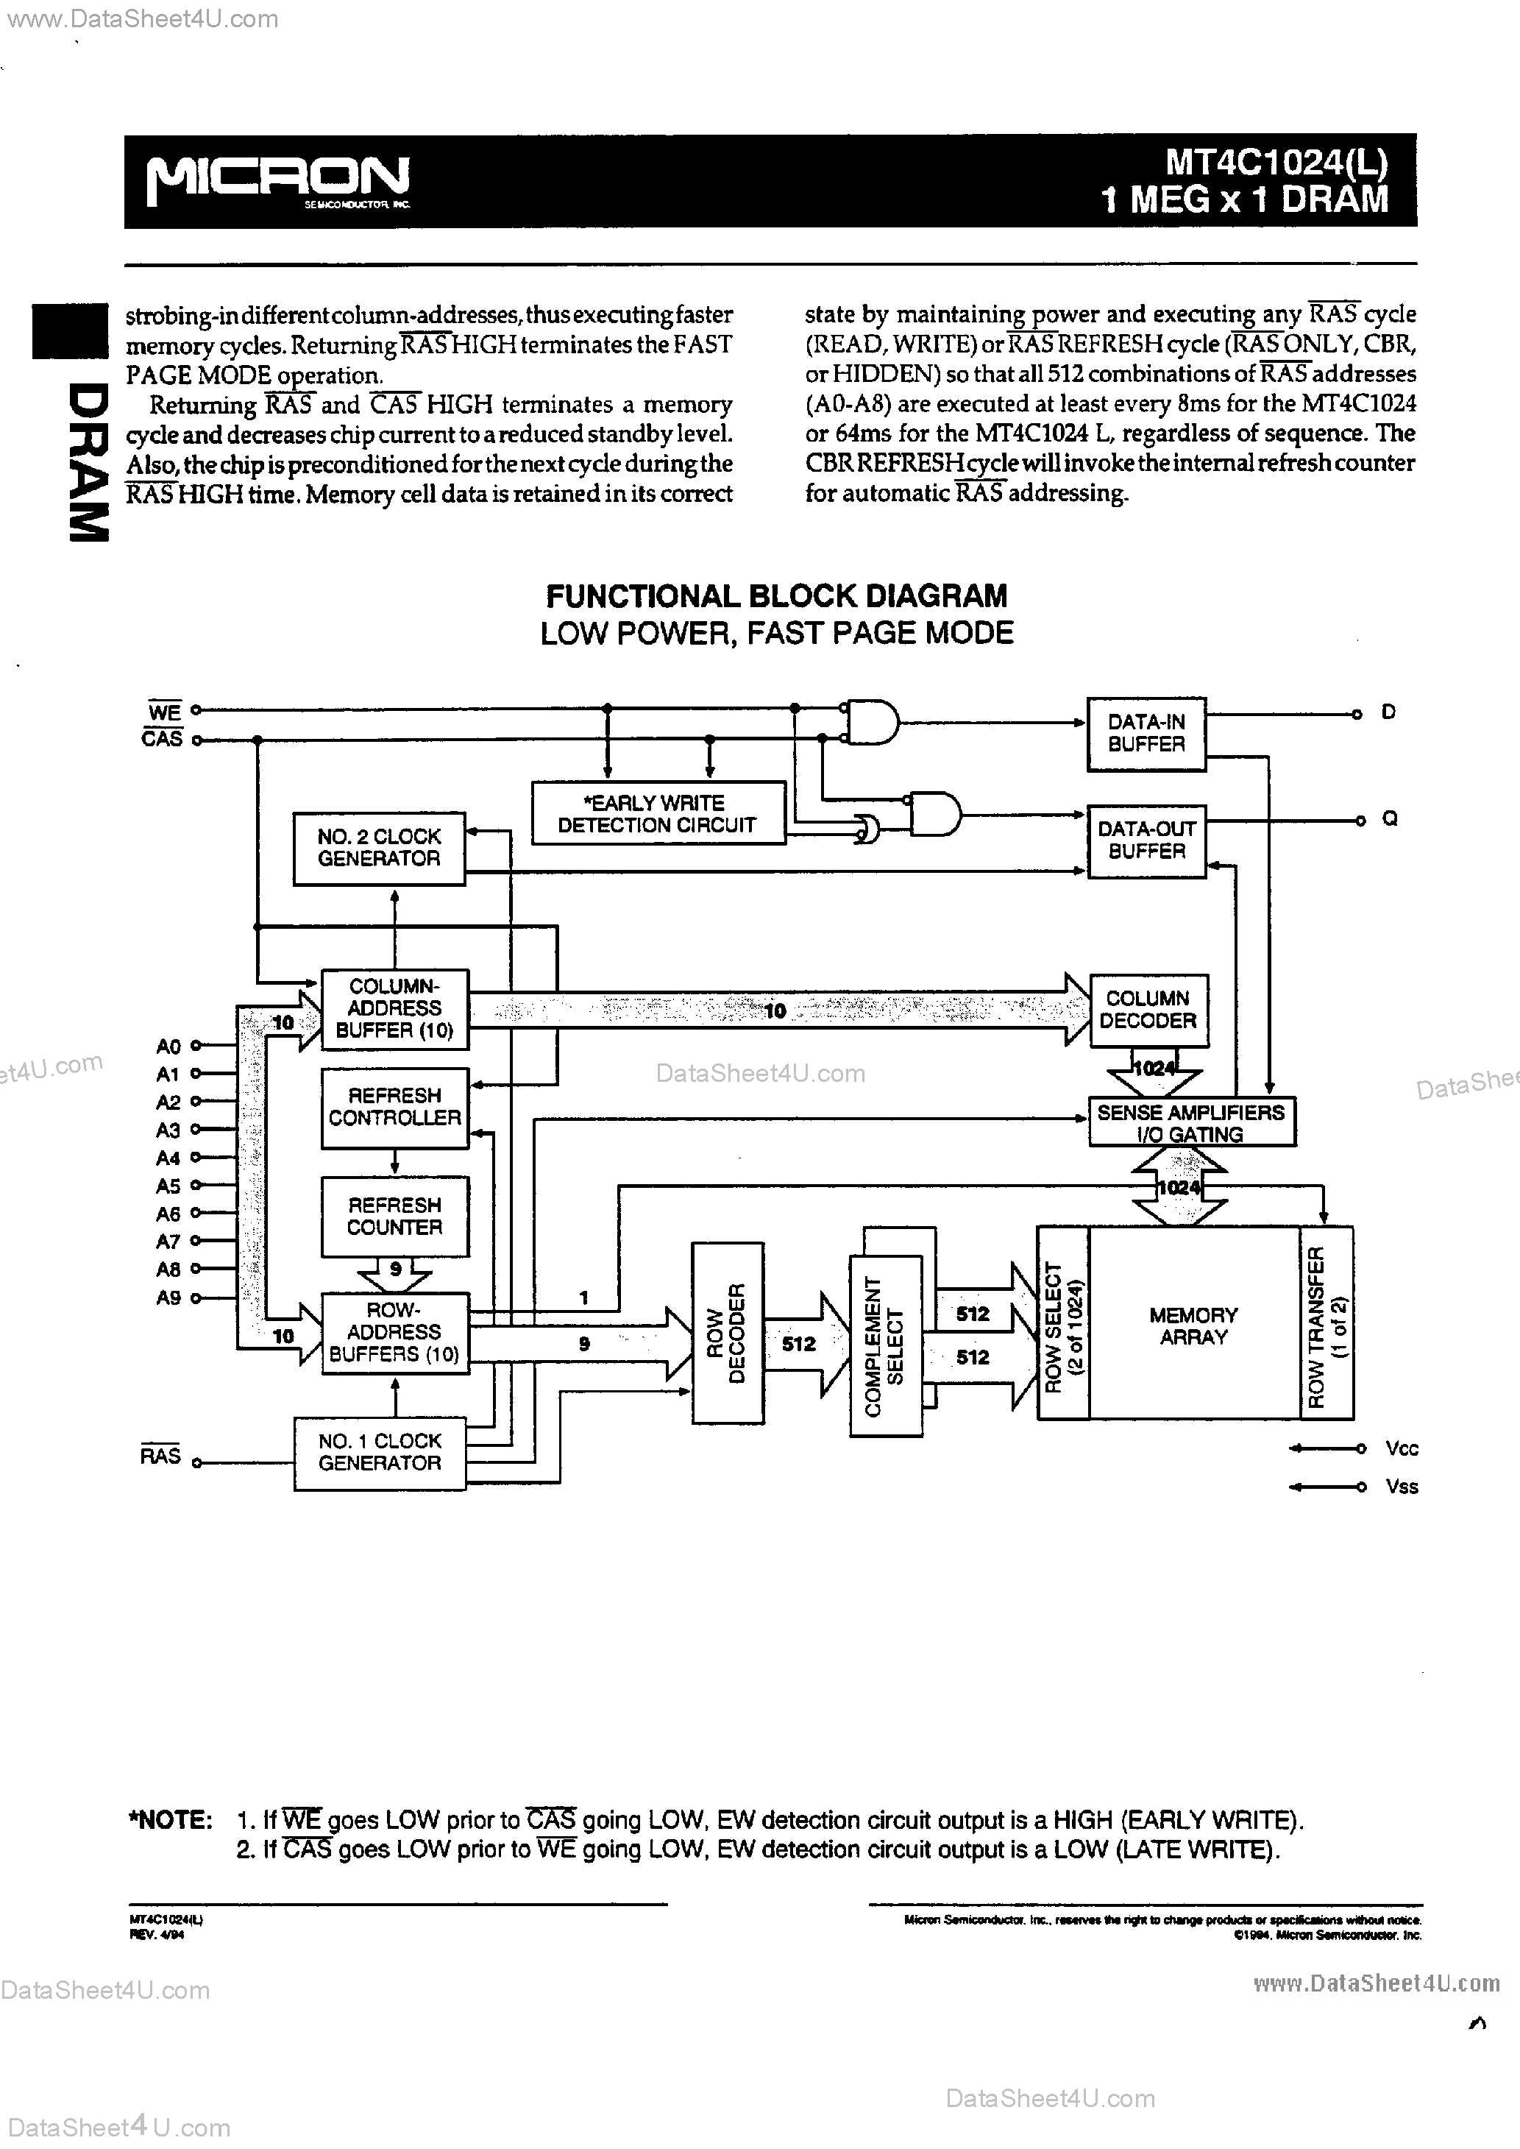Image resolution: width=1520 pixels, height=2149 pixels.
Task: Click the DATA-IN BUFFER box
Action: (x=1146, y=734)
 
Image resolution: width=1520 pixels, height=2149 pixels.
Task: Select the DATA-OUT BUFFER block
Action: (x=1146, y=840)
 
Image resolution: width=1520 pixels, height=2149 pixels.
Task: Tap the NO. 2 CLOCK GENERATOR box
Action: (x=378, y=848)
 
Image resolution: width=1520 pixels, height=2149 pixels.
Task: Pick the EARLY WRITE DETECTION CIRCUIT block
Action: (x=657, y=813)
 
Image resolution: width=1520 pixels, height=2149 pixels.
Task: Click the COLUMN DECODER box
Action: (x=1148, y=1010)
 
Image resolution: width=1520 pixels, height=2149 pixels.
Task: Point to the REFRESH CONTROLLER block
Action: (x=394, y=1108)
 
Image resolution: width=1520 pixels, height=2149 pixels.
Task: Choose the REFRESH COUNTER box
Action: (x=394, y=1216)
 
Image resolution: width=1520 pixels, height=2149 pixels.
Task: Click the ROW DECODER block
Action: (x=727, y=1333)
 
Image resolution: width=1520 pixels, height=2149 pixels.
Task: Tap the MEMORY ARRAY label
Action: (x=1193, y=1326)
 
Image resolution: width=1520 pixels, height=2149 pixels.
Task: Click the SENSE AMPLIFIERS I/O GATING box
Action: (x=1190, y=1122)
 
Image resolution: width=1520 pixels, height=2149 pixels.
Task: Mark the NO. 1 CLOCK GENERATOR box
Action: (x=379, y=1453)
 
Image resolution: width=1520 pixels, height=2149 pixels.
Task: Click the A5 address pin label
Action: (x=168, y=1186)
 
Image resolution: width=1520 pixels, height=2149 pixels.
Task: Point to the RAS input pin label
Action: (x=160, y=1456)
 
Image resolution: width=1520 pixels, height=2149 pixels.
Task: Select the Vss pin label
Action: (x=1401, y=1487)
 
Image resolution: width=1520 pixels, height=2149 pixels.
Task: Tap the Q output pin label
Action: (x=1390, y=819)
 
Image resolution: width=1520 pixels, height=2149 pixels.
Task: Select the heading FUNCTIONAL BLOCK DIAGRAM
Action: (x=776, y=596)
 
